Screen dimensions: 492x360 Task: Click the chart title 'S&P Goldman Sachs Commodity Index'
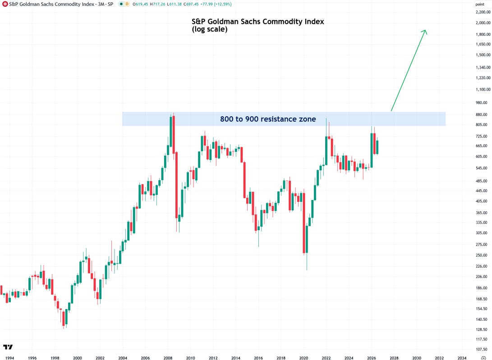point(257,21)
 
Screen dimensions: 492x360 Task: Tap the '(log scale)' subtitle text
point(209,29)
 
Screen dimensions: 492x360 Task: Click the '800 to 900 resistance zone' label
point(268,119)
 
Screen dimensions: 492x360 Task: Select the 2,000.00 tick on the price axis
point(483,23)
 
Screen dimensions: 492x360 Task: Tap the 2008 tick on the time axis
point(168,358)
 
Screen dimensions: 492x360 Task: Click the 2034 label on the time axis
point(462,358)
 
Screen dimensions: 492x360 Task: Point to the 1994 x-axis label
point(9,358)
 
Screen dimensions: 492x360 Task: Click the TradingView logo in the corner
point(8,347)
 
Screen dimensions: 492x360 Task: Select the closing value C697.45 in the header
point(189,5)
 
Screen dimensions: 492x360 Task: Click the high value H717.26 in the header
point(157,5)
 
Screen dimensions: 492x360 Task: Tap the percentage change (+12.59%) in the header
point(222,5)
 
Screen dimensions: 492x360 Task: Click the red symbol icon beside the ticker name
point(5,4)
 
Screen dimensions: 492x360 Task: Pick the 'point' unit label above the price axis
point(480,4)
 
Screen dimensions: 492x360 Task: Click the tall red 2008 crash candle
point(177,185)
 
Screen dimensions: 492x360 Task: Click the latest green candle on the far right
point(377,147)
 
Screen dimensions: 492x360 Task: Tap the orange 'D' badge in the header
point(127,4)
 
